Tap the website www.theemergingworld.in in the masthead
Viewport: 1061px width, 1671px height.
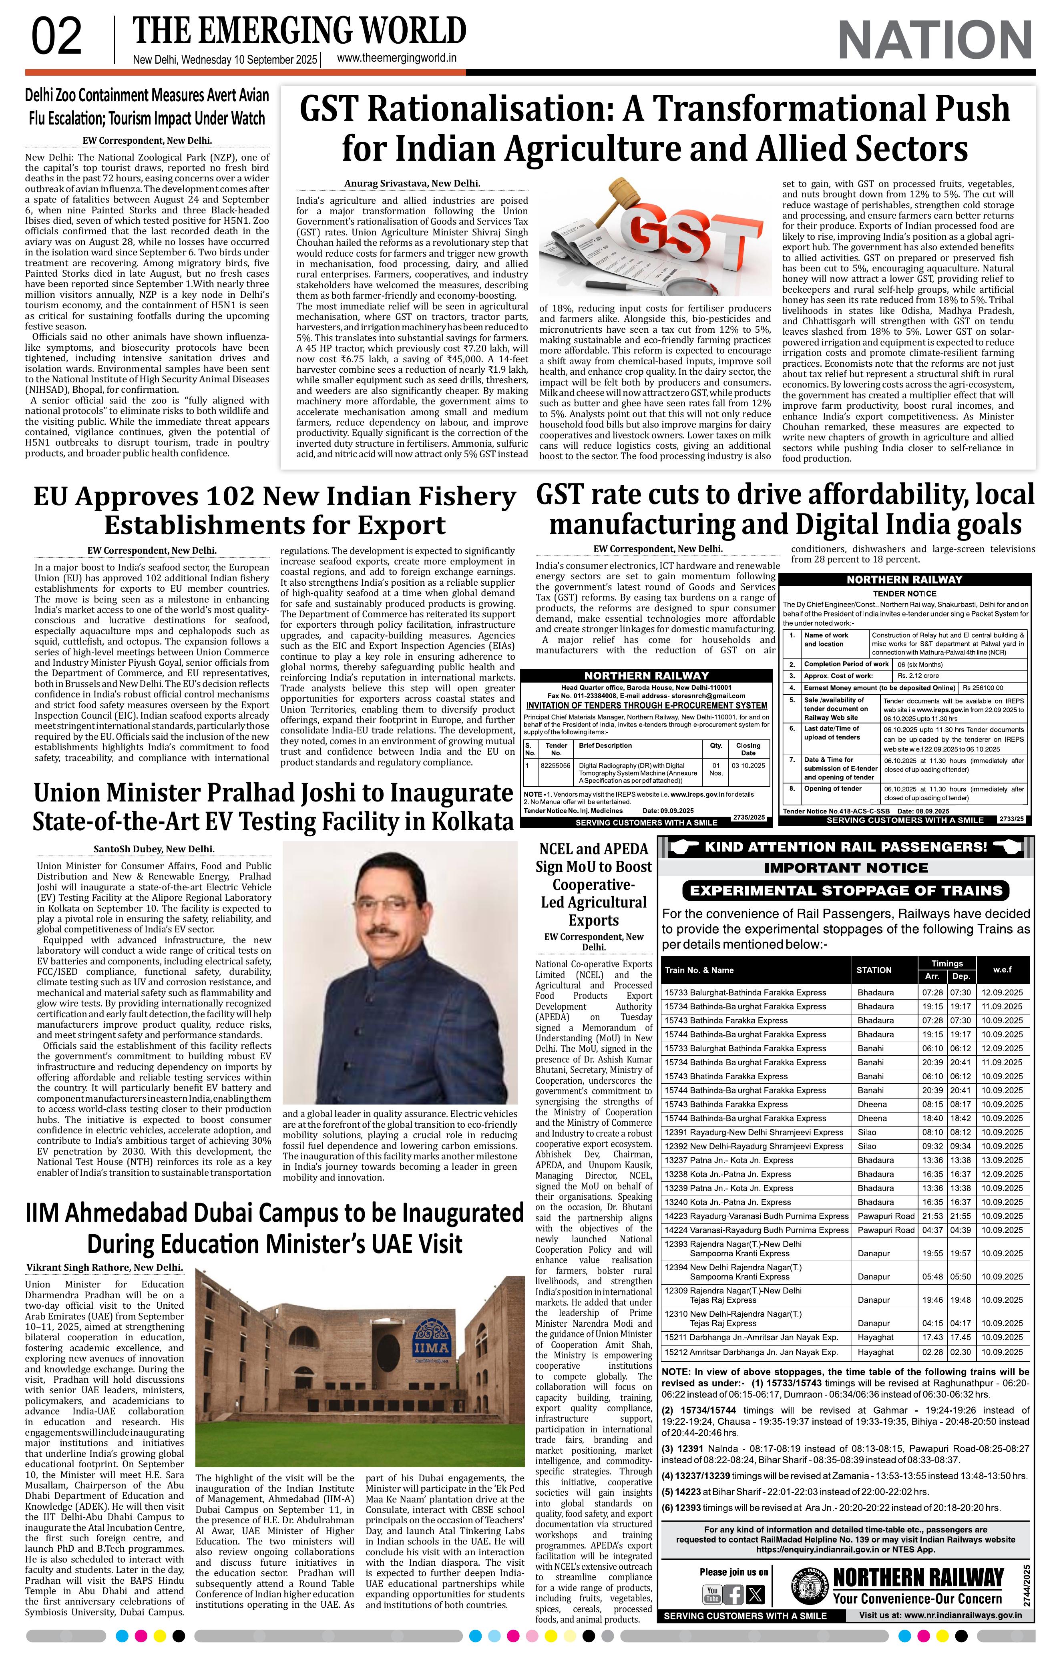(x=396, y=59)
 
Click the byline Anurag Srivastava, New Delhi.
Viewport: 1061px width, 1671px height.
(x=412, y=184)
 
